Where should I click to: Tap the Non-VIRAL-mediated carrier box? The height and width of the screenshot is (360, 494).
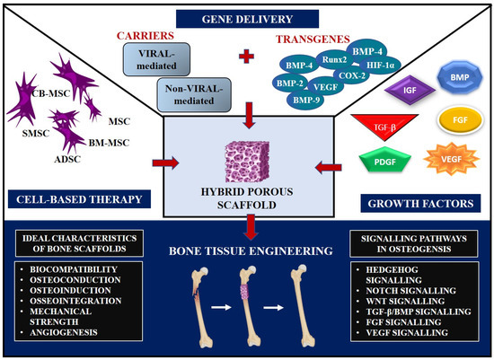(190, 94)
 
